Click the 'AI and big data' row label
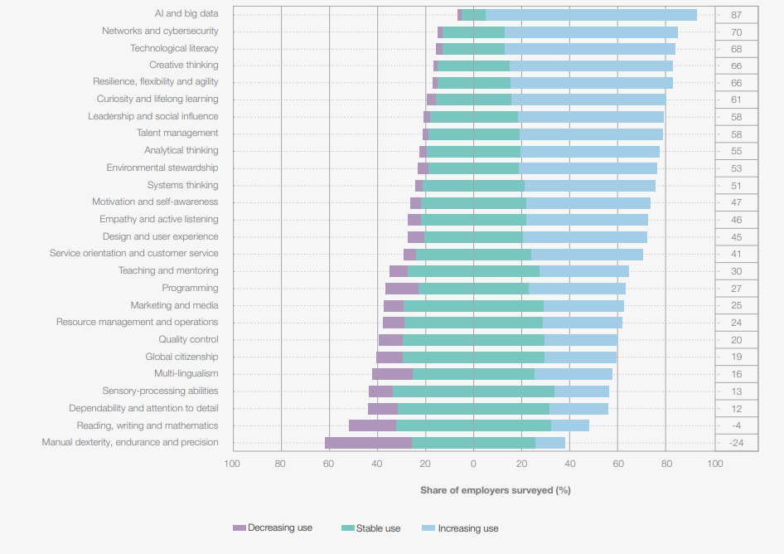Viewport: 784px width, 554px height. [186, 14]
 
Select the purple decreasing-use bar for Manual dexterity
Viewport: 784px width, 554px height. [368, 443]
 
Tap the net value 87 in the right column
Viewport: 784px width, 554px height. [736, 15]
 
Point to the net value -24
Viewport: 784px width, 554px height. [736, 443]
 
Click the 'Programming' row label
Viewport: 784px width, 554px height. [190, 288]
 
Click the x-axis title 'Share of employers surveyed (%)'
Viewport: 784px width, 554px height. [495, 490]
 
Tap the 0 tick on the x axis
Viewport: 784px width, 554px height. [473, 463]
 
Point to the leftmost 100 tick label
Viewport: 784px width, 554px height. [233, 463]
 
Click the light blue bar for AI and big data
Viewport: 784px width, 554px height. [591, 15]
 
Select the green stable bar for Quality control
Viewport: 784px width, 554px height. [473, 340]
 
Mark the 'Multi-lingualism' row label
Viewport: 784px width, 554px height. [186, 374]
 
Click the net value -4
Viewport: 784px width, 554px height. [736, 425]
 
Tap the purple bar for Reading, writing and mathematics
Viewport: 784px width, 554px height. [372, 425]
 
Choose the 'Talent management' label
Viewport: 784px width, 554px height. [177, 133]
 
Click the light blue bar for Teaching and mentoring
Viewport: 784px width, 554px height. [584, 271]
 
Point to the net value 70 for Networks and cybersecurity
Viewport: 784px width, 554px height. [736, 32]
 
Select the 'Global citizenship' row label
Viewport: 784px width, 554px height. [181, 357]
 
